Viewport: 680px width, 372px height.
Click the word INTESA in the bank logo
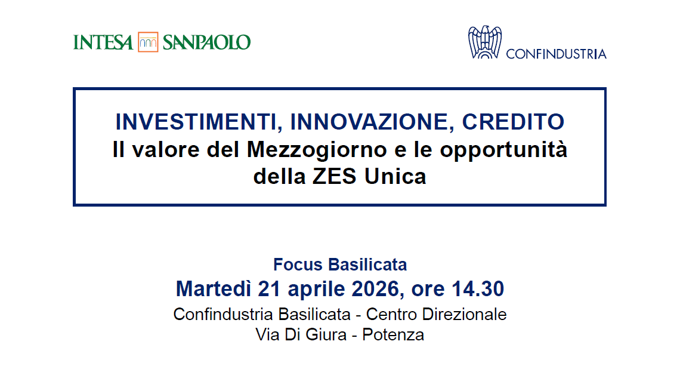coord(103,42)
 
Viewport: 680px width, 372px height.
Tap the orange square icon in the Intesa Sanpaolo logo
coord(148,42)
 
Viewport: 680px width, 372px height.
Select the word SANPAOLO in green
coord(206,42)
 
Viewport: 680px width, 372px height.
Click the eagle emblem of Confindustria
coord(485,42)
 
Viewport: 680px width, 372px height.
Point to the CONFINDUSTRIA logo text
coord(556,54)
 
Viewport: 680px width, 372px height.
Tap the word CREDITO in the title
coord(513,122)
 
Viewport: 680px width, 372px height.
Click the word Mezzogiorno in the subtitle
coord(317,150)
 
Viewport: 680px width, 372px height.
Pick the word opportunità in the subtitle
coord(503,150)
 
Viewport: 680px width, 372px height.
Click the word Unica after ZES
coord(395,177)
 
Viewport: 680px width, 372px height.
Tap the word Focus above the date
coord(298,265)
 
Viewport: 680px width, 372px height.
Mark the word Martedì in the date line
coord(214,288)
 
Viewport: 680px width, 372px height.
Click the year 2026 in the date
coord(376,289)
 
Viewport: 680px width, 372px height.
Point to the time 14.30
coord(478,288)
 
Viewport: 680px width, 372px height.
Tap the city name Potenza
coord(393,334)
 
